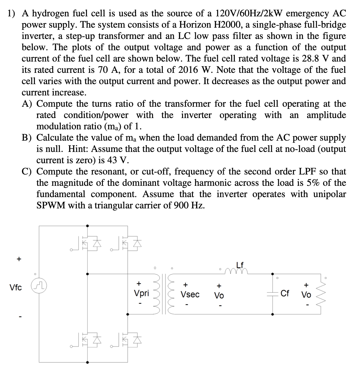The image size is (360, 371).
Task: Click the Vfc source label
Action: (15, 288)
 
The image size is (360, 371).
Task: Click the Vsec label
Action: (190, 294)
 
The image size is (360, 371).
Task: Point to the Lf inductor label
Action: (240, 264)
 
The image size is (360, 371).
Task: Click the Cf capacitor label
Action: (285, 294)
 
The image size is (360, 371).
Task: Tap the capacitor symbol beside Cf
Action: (273, 294)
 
